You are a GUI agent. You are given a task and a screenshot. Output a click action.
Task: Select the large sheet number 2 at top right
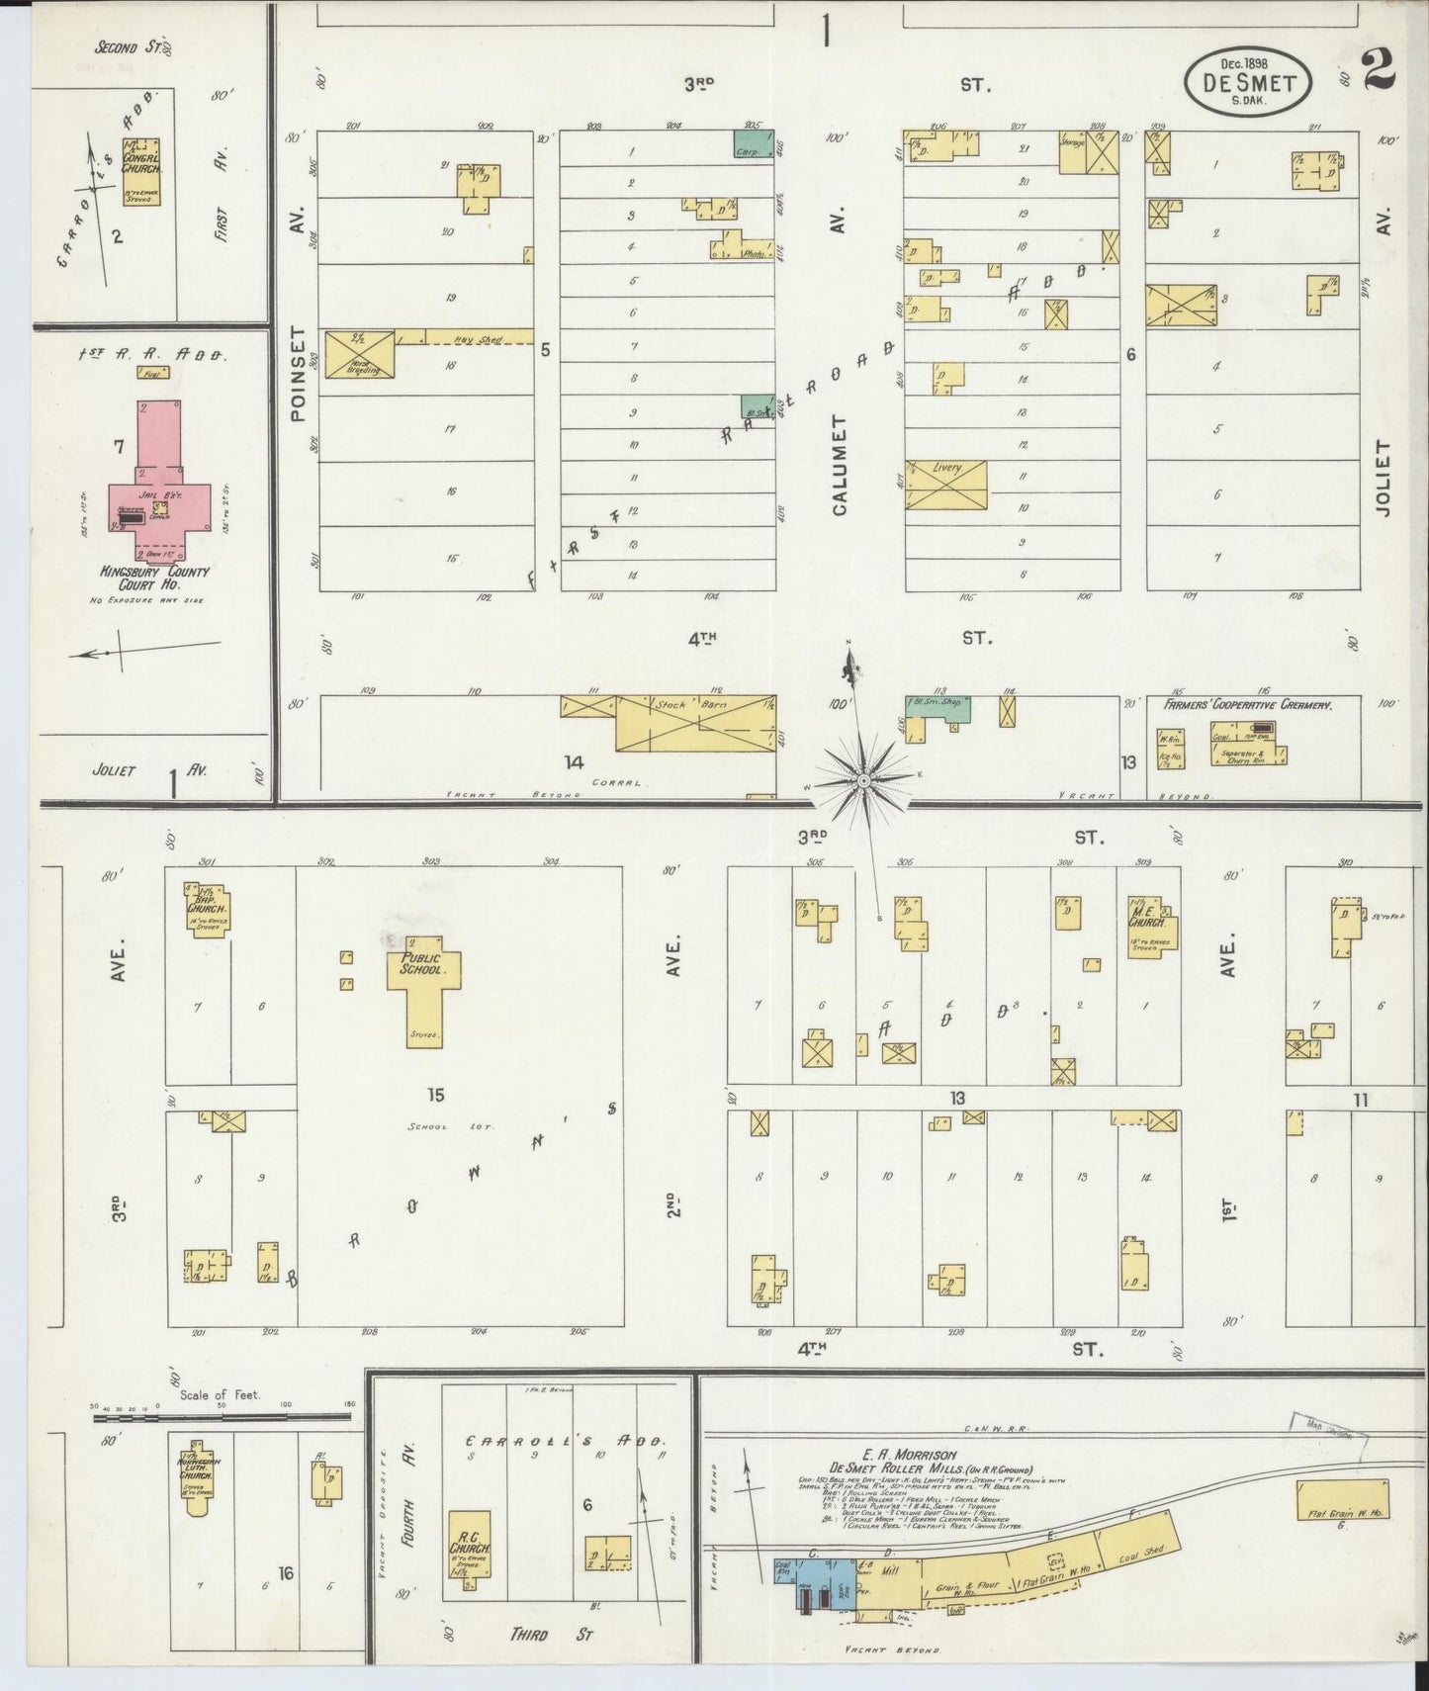(x=1380, y=70)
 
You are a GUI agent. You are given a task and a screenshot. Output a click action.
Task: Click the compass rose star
(x=863, y=778)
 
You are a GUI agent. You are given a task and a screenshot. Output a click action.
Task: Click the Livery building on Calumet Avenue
(x=946, y=485)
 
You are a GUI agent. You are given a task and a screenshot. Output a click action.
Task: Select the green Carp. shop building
(x=754, y=143)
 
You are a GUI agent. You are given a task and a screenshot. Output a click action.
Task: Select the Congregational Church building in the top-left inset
(x=140, y=171)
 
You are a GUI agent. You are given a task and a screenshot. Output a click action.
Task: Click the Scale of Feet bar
(x=222, y=1417)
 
